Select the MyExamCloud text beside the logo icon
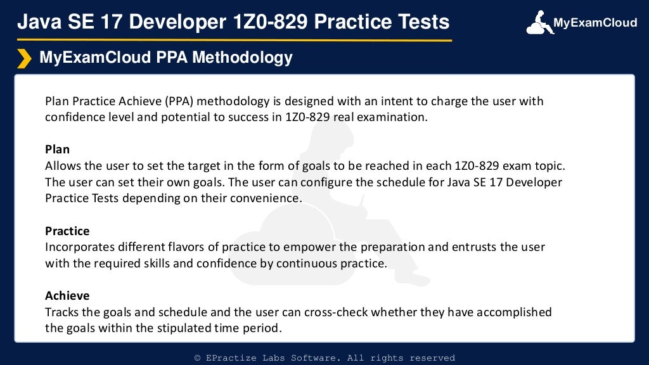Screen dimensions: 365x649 pos(595,23)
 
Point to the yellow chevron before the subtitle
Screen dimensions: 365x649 pos(24,58)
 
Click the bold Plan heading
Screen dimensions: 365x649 pos(57,150)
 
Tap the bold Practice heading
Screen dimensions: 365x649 pos(67,231)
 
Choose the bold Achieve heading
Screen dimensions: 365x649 pos(67,295)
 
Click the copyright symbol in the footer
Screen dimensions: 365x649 pos(198,358)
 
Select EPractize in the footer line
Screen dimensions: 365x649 pos(234,358)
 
